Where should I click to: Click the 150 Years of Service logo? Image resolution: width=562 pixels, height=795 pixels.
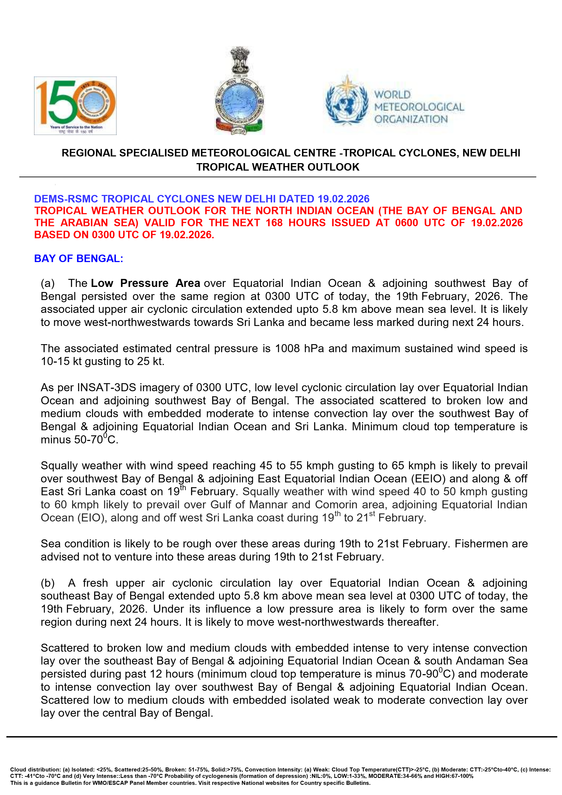75,106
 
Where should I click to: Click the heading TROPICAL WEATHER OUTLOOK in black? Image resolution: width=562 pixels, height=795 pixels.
278,167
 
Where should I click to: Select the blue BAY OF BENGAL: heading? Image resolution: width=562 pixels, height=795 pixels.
79,258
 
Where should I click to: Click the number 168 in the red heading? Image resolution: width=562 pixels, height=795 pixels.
274,223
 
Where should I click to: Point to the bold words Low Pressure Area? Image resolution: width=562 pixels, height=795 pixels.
146,283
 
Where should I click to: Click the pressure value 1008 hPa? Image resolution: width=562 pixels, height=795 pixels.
299,348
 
